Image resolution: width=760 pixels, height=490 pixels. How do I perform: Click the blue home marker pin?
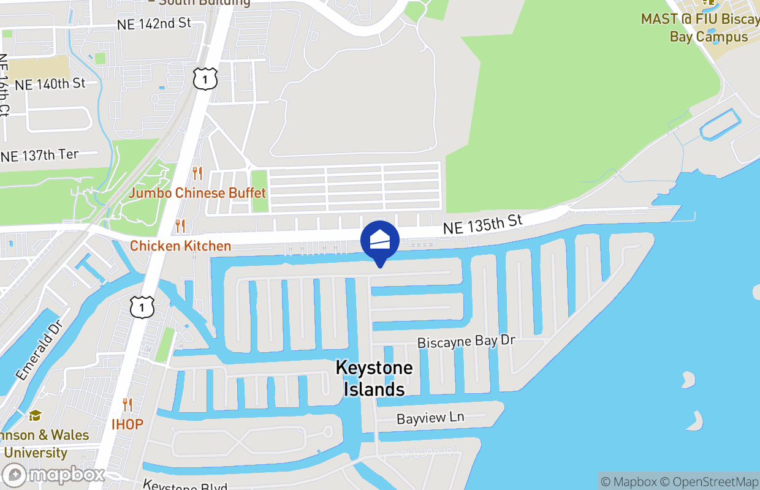[x=380, y=241]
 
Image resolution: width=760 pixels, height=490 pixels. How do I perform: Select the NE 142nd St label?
[x=154, y=24]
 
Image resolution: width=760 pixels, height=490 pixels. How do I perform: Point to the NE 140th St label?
[x=50, y=83]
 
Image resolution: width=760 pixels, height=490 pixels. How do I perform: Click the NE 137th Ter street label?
[x=40, y=156]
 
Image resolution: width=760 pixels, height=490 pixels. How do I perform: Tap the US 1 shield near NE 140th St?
[x=205, y=78]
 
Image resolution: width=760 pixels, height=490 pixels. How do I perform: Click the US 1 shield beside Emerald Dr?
[x=142, y=307]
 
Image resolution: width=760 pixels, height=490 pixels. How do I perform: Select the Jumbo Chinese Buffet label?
[x=197, y=194]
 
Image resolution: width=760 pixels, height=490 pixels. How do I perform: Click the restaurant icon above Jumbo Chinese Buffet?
[x=197, y=173]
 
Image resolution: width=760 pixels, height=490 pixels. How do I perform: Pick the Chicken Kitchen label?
[x=181, y=246]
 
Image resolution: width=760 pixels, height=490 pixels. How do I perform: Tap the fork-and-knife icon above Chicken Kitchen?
[x=180, y=226]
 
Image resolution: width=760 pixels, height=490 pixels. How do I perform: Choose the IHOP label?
[x=127, y=424]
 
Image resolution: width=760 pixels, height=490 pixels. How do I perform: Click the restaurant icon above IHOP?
[x=127, y=404]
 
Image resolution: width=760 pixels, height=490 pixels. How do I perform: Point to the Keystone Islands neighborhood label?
[x=374, y=378]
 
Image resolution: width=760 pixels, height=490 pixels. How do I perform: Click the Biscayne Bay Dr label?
[x=466, y=341]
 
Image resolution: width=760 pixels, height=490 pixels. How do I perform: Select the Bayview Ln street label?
[x=430, y=418]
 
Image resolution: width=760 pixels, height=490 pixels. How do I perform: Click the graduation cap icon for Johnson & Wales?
[x=35, y=416]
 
